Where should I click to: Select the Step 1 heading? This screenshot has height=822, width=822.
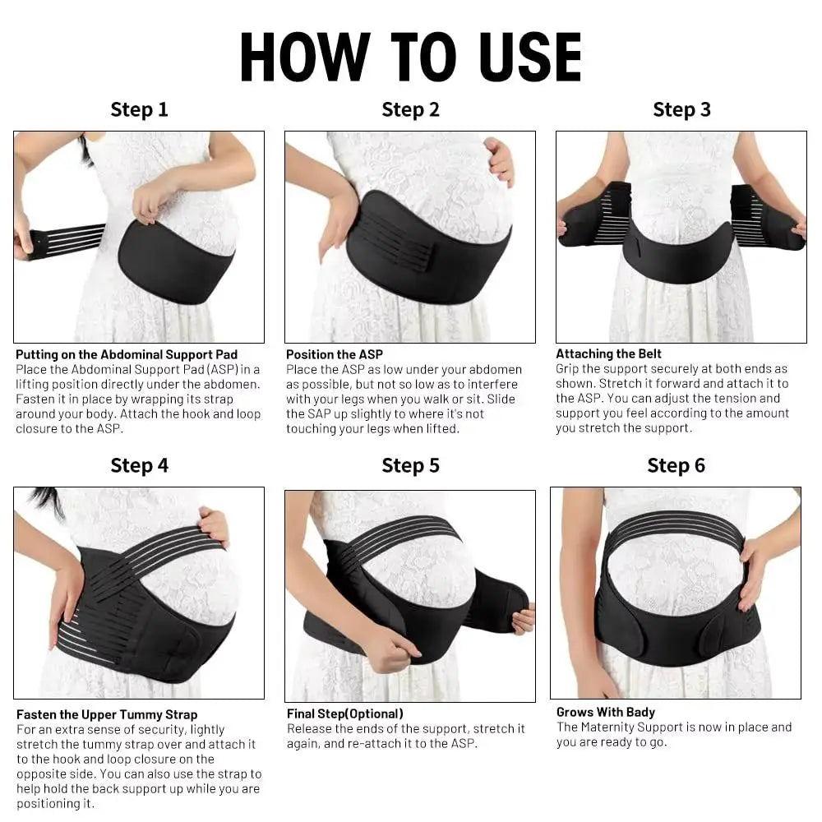139,109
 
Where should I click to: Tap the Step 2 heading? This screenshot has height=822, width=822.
410,109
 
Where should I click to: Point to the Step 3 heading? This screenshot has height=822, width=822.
681,109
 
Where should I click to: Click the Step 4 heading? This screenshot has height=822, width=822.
139,465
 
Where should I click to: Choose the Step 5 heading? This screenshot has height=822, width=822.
410,465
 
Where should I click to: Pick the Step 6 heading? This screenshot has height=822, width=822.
676,465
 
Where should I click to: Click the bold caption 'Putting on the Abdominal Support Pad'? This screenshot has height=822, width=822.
127,354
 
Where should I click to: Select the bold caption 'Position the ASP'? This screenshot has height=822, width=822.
334,354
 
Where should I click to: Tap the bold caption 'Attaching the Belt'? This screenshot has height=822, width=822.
608,353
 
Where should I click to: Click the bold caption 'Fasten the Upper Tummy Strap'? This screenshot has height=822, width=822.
107,714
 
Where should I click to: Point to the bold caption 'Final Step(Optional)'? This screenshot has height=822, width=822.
344,713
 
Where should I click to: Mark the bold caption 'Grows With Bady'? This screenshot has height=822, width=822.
605,712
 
